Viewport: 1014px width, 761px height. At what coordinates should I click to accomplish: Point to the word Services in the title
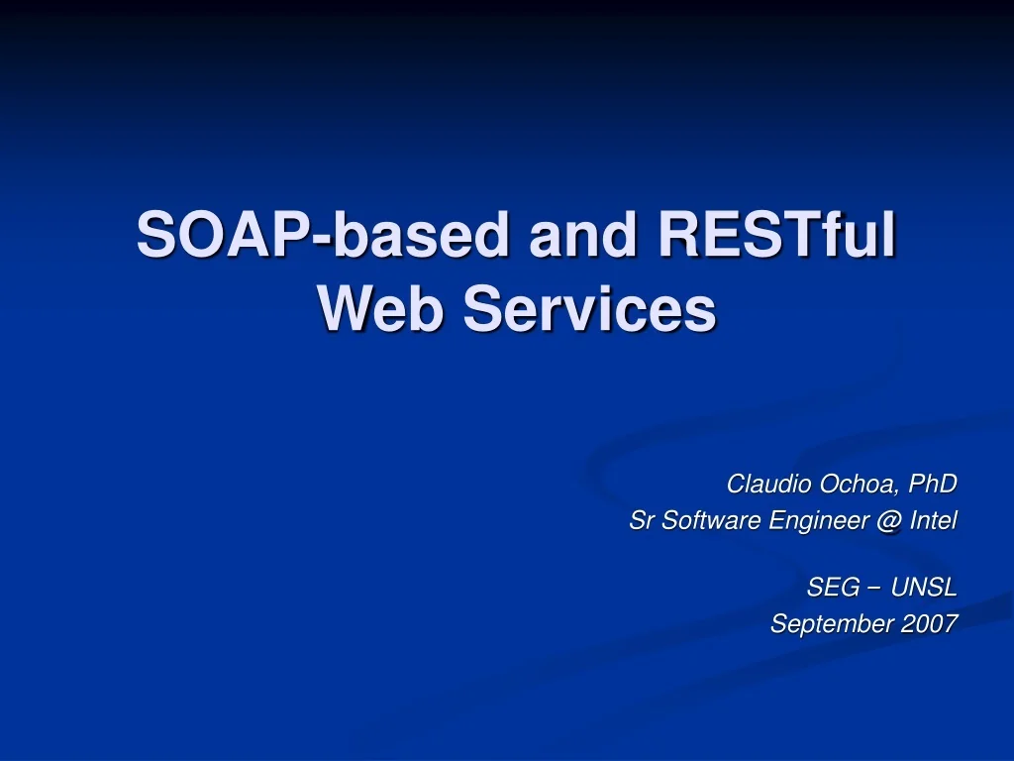coord(589,309)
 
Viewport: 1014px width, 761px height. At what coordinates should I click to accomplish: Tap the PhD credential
coord(933,484)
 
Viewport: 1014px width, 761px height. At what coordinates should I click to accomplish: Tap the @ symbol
coord(887,520)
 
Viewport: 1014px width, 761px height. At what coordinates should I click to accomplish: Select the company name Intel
coord(933,520)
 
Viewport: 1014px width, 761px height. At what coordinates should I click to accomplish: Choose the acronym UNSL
coord(924,588)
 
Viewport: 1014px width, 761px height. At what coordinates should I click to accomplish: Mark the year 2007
coord(930,623)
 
